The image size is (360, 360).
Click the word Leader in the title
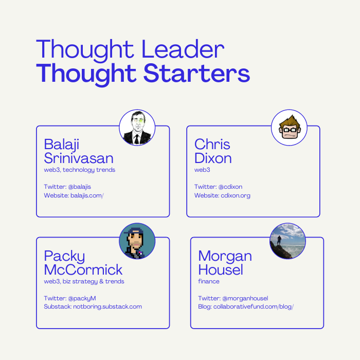coord(183,49)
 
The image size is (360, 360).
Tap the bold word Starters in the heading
coord(197,73)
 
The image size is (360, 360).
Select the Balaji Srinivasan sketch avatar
coord(137,128)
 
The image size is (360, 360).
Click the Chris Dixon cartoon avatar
coord(289,128)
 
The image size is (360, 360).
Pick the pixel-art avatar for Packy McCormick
coord(137,241)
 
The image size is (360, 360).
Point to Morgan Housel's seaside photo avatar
coord(287,241)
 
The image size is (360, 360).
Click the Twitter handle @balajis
coord(79,187)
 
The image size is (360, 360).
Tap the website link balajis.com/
coord(87,195)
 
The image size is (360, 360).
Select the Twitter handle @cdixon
coord(230,187)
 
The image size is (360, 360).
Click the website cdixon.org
coord(236,195)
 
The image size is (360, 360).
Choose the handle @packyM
coord(82,298)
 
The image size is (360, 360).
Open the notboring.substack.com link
coord(107,307)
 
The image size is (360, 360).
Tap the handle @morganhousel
coord(245,298)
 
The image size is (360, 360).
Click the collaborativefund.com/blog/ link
coord(254,307)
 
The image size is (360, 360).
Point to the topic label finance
coord(209,281)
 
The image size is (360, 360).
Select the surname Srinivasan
coord(79,158)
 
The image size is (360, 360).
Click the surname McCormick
coord(83,269)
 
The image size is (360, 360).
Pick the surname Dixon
coord(213,158)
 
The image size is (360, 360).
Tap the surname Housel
coord(221,269)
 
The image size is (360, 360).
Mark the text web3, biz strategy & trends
coord(84,281)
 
